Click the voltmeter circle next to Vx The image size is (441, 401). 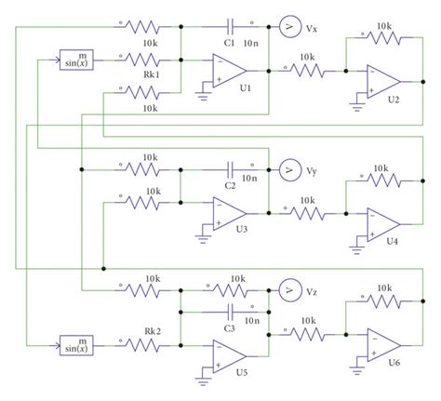[x=288, y=29]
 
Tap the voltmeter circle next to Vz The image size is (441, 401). [x=288, y=291]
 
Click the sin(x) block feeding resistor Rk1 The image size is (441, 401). [x=76, y=59]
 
